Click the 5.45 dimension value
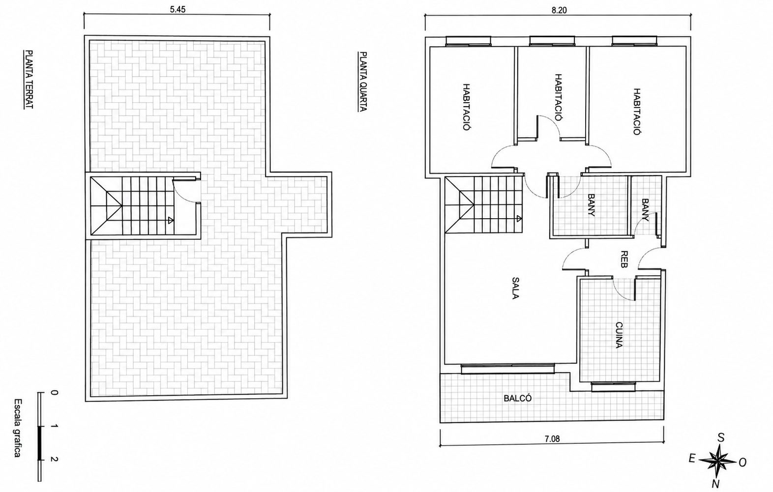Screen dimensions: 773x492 (178, 9)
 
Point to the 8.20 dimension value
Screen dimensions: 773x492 (559, 10)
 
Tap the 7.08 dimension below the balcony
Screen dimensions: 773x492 (552, 439)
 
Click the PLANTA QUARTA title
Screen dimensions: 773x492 (363, 82)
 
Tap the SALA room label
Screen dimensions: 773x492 (515, 288)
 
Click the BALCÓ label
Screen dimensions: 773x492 (517, 398)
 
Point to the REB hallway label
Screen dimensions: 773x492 (624, 259)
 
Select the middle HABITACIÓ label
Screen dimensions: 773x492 (558, 97)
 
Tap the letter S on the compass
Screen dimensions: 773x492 (721, 438)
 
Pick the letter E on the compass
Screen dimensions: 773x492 (691, 459)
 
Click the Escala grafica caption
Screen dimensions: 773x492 (18, 428)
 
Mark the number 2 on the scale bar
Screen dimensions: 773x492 (54, 459)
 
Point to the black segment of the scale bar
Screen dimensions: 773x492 (40, 443)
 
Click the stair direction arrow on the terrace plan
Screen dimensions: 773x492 (170, 220)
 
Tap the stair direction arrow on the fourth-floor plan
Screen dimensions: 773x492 (519, 218)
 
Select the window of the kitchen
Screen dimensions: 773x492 (613, 387)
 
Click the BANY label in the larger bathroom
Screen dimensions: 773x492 (591, 205)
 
